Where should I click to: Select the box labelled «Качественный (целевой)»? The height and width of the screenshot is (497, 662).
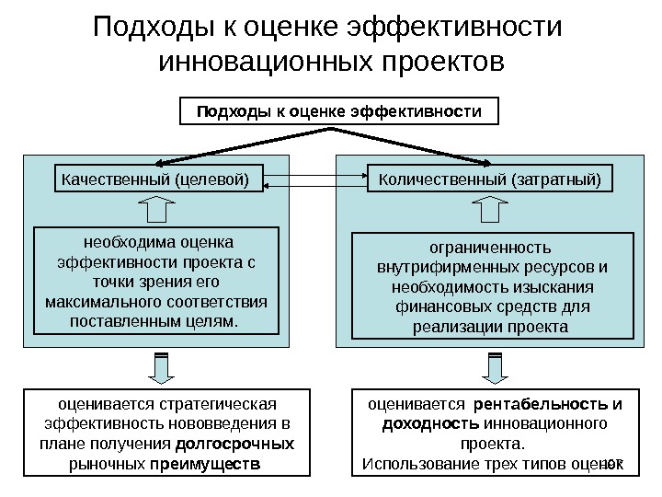tap(155, 178)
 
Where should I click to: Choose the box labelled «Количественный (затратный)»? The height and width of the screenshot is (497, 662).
tap(490, 178)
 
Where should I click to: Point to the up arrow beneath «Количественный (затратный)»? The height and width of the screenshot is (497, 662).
tap(489, 212)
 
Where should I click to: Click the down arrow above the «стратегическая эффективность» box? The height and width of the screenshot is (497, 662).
tap(161, 367)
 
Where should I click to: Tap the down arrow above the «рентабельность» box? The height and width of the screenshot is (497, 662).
tap(489, 367)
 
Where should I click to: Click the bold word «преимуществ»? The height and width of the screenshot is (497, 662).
tap(204, 463)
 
